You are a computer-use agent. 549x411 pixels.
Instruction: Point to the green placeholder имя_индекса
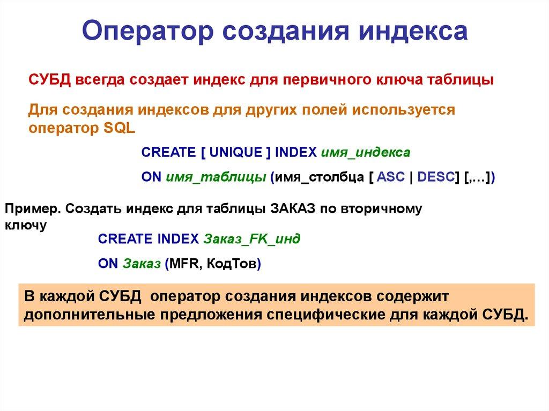pyautogui.click(x=366, y=152)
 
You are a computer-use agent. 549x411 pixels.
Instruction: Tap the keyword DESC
pyautogui.click(x=435, y=177)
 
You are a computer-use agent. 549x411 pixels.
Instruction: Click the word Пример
pyautogui.click(x=33, y=208)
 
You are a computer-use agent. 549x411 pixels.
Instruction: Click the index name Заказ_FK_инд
pyautogui.click(x=251, y=239)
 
